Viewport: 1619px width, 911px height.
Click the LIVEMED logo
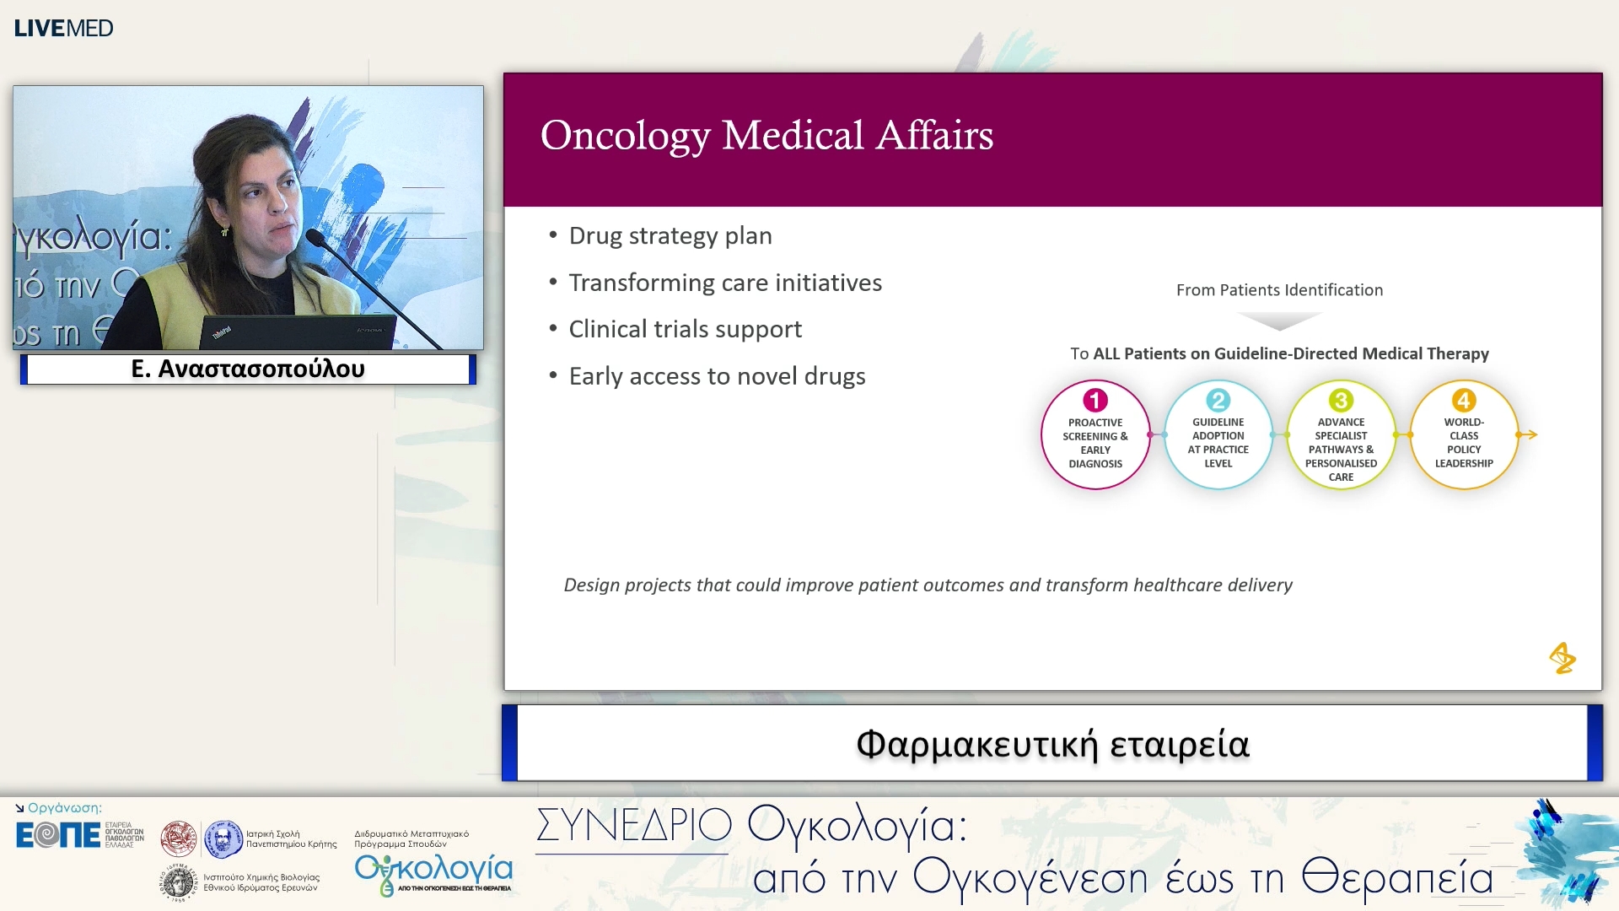63,28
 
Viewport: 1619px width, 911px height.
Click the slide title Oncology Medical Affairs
766,136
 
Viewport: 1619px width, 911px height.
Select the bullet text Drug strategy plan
670,236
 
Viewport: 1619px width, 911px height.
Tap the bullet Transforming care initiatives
724,283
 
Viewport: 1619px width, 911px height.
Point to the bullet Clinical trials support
684,329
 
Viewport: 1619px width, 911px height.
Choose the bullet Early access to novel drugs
716,376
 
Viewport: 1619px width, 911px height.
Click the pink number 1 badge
1095,400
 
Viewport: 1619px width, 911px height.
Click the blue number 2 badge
1218,400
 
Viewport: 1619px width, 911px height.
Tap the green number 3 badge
1341,400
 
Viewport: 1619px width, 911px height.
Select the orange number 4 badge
1464,400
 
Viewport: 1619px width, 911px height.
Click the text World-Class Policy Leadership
1464,443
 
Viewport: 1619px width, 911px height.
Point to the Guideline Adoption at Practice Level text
1218,443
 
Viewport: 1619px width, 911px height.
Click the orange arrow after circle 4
1528,435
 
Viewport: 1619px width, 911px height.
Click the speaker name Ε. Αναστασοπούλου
248,369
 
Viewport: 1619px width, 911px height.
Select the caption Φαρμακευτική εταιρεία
1052,744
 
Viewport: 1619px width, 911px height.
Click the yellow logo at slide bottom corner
1562,658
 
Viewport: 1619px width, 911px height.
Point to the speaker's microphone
320,239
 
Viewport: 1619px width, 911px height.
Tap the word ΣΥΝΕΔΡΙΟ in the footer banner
633,825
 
